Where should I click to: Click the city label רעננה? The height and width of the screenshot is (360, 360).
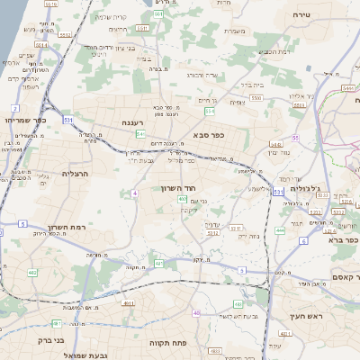tap(127, 121)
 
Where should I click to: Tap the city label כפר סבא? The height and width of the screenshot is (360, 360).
tap(208, 134)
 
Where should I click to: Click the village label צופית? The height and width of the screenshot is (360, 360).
tap(236, 103)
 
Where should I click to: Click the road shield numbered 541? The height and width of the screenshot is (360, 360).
tap(140, 134)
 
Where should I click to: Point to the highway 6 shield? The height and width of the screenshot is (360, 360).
tap(303, 241)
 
